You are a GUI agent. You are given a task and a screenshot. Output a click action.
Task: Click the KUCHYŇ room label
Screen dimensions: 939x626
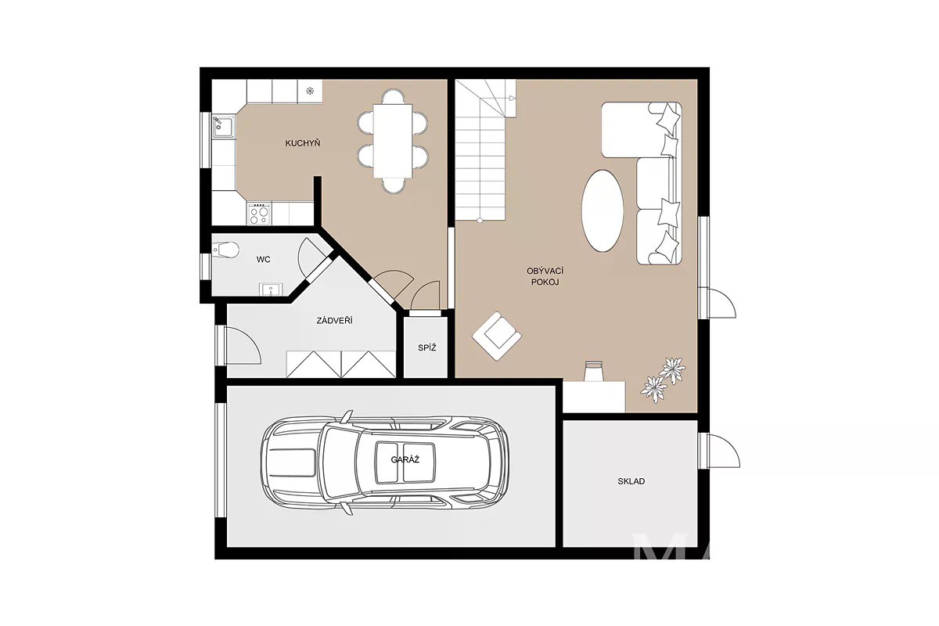pos(303,143)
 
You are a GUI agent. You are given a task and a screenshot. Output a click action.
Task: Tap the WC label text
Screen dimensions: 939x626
pos(263,260)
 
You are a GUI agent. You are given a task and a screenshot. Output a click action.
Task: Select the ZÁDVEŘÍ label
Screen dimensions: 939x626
pos(335,321)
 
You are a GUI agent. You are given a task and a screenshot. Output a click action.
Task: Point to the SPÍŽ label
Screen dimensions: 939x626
pos(426,347)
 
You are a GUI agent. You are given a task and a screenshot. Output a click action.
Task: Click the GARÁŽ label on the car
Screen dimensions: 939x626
pos(405,459)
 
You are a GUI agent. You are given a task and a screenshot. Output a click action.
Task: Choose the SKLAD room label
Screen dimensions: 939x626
pos(631,481)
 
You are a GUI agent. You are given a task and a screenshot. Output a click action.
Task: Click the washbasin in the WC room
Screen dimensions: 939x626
pos(271,290)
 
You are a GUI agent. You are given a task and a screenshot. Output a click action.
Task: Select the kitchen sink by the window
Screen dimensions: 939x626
pos(224,126)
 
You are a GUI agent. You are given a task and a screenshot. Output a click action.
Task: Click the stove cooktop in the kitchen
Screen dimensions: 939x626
pos(259,214)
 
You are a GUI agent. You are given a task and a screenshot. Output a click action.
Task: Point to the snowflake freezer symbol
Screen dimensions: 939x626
pos(310,91)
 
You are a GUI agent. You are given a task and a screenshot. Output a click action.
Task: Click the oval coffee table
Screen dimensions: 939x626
pos(603,210)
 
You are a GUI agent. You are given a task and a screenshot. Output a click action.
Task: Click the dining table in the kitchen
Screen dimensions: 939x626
pos(393,141)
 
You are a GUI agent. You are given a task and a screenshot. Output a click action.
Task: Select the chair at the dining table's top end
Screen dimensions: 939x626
pos(393,96)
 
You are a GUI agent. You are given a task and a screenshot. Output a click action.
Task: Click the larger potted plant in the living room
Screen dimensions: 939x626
pos(673,370)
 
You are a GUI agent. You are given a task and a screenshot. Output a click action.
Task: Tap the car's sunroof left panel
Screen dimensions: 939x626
pos(387,462)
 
